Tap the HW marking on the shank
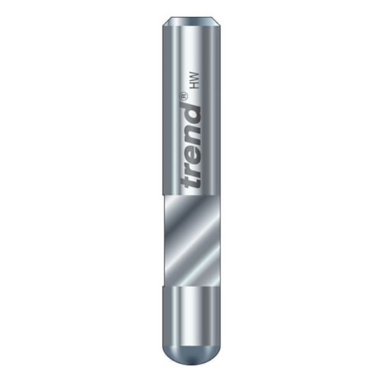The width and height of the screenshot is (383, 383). click(x=195, y=80)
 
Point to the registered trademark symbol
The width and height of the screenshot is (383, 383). click(x=184, y=95)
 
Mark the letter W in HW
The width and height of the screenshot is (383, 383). click(x=195, y=77)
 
